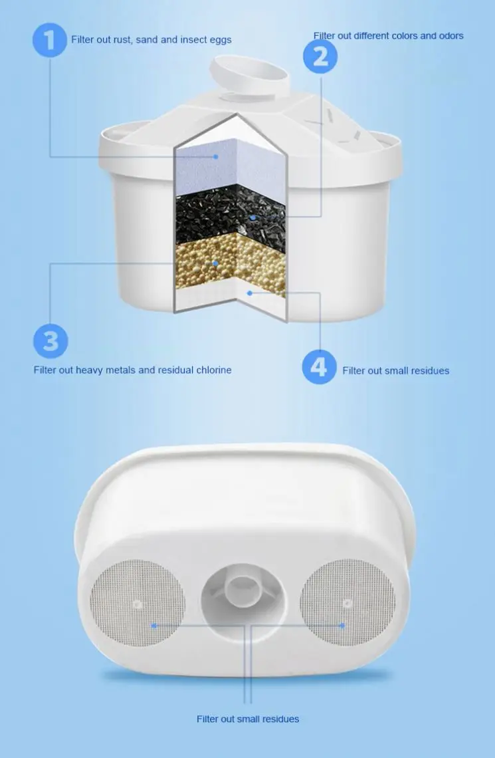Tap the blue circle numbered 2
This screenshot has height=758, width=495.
(321, 56)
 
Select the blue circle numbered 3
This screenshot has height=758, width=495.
(51, 340)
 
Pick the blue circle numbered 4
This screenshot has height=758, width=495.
(319, 366)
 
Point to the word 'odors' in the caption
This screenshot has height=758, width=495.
(450, 36)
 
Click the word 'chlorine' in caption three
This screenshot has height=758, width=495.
(213, 370)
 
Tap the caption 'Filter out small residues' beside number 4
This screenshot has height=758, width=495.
(395, 370)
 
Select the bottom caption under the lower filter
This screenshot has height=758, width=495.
(248, 719)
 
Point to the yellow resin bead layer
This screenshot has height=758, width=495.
(229, 266)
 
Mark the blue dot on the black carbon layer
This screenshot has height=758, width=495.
(253, 217)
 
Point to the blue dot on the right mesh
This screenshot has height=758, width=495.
(342, 626)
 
